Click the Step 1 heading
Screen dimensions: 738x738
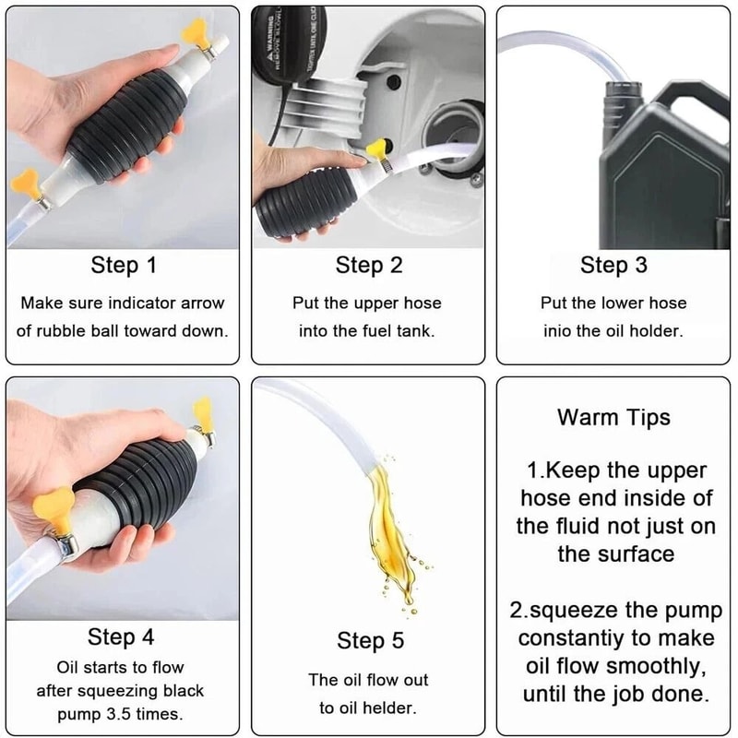[x=124, y=267]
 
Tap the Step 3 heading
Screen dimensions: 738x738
[x=613, y=267]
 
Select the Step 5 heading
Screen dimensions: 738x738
[x=369, y=640]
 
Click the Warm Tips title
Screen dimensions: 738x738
[x=613, y=417]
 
